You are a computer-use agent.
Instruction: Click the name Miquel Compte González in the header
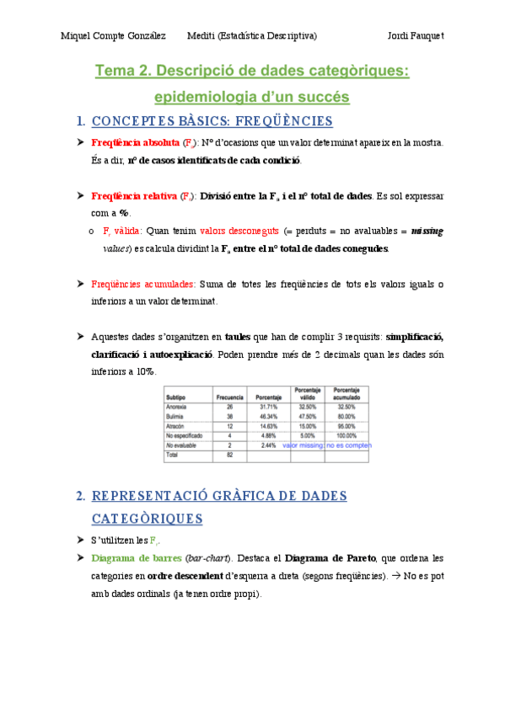(x=115, y=35)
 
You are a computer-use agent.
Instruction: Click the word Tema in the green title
(x=118, y=72)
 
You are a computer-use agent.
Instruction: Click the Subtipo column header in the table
(x=176, y=396)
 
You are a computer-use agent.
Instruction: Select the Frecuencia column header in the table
(x=229, y=396)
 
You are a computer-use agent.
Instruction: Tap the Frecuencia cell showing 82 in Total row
(x=229, y=455)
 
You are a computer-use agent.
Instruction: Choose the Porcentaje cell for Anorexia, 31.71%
(x=267, y=407)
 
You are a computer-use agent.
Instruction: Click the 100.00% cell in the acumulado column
(x=347, y=435)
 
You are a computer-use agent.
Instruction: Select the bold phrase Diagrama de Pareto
(x=330, y=558)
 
